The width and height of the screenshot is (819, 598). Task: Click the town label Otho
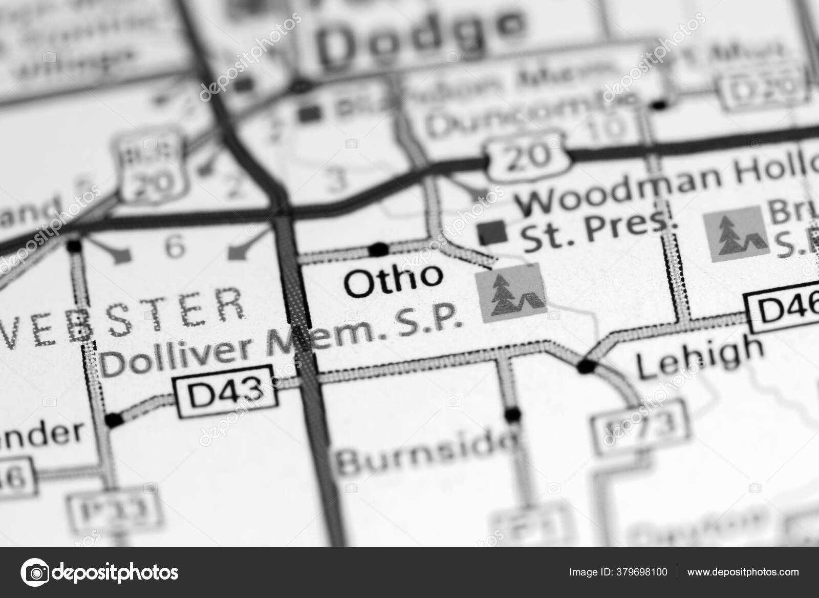click(x=393, y=281)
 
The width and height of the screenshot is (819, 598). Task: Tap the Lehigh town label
click(x=700, y=359)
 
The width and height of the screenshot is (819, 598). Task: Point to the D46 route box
click(x=783, y=311)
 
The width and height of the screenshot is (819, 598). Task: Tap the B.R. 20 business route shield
click(x=150, y=166)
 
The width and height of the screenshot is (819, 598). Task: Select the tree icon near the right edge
click(x=736, y=235)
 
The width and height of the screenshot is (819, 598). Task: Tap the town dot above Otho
click(x=379, y=250)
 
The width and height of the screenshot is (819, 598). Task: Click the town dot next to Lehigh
click(x=586, y=366)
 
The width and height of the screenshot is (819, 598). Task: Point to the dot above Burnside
click(x=511, y=413)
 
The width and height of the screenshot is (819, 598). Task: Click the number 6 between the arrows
click(x=175, y=248)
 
